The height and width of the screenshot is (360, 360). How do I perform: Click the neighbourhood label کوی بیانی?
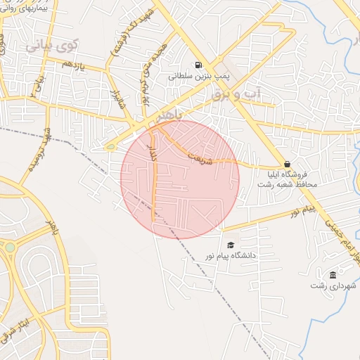(53, 46)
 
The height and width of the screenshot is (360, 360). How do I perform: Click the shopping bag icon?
(287, 163)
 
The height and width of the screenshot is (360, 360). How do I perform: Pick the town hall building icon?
(333, 274)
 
